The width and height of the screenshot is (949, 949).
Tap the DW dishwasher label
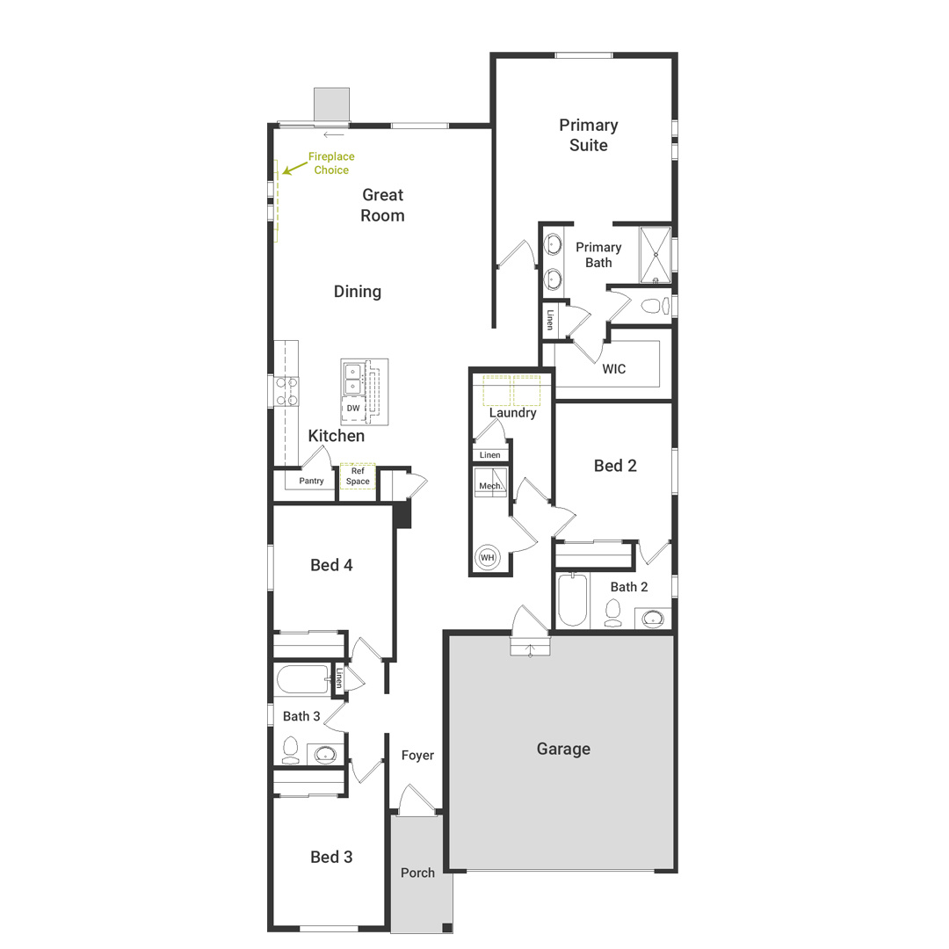(353, 409)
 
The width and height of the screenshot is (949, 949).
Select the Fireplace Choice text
(330, 163)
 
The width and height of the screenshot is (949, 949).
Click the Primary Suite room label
(589, 135)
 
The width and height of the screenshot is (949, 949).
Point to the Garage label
(563, 749)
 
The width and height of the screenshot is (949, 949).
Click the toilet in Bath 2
(612, 613)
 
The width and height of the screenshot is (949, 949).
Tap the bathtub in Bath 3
(302, 679)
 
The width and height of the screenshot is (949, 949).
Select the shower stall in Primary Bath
(655, 255)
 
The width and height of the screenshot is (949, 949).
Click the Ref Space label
(358, 476)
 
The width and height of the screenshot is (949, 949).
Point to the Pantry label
(311, 481)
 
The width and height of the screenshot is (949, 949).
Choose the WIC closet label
(614, 369)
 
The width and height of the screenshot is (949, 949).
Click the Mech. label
(489, 486)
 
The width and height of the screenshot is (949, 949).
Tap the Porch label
(417, 873)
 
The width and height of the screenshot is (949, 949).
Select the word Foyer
(417, 755)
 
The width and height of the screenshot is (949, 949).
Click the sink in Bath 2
(652, 619)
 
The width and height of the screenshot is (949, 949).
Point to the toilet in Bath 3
(291, 750)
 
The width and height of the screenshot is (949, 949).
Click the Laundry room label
(512, 412)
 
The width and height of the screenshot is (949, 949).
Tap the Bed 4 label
(331, 565)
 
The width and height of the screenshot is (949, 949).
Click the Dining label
(358, 291)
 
